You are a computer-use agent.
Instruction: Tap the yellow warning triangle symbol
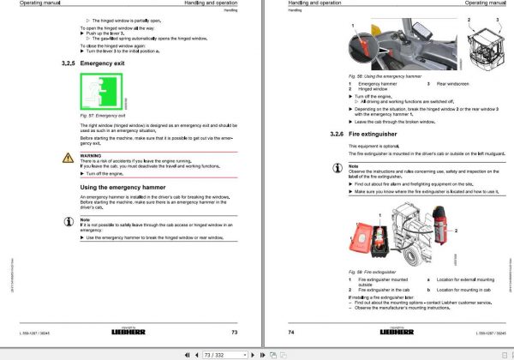coord(69,157)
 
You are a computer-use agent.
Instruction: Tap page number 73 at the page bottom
coord(234,332)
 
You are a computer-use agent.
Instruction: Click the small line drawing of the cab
coord(483,45)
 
